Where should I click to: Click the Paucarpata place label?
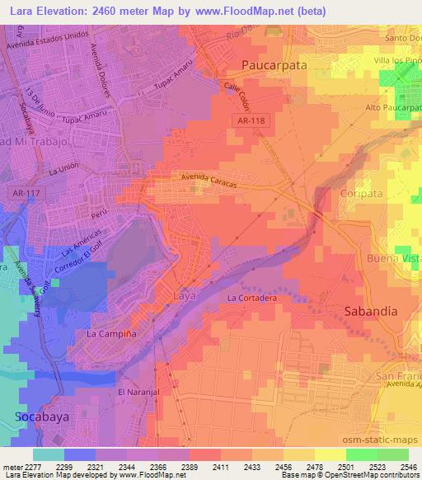(274, 64)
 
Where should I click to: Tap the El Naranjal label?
(135, 391)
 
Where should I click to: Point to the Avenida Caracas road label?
(209, 181)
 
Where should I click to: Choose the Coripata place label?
(357, 192)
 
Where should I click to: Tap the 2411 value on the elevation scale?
(220, 467)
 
